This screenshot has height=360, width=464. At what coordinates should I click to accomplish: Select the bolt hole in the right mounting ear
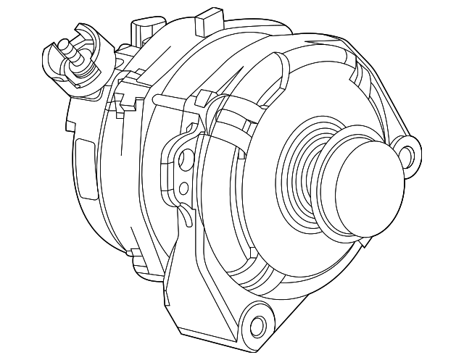tap(408, 153)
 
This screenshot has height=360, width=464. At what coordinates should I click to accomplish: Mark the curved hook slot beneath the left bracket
tap(186, 217)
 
